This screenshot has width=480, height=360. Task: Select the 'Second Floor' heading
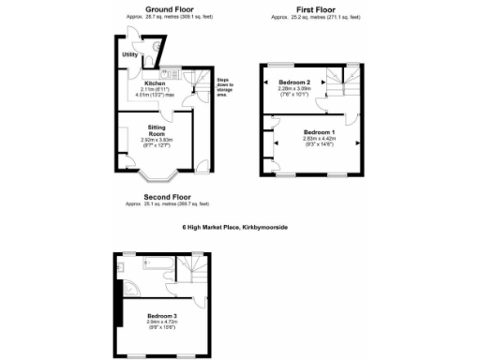167,197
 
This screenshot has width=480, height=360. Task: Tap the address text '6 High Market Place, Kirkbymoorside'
241,227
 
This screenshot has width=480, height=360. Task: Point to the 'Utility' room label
130,55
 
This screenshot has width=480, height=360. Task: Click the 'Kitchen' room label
154,82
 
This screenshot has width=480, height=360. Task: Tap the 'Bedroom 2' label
294,82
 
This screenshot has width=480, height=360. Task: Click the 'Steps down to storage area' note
221,85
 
